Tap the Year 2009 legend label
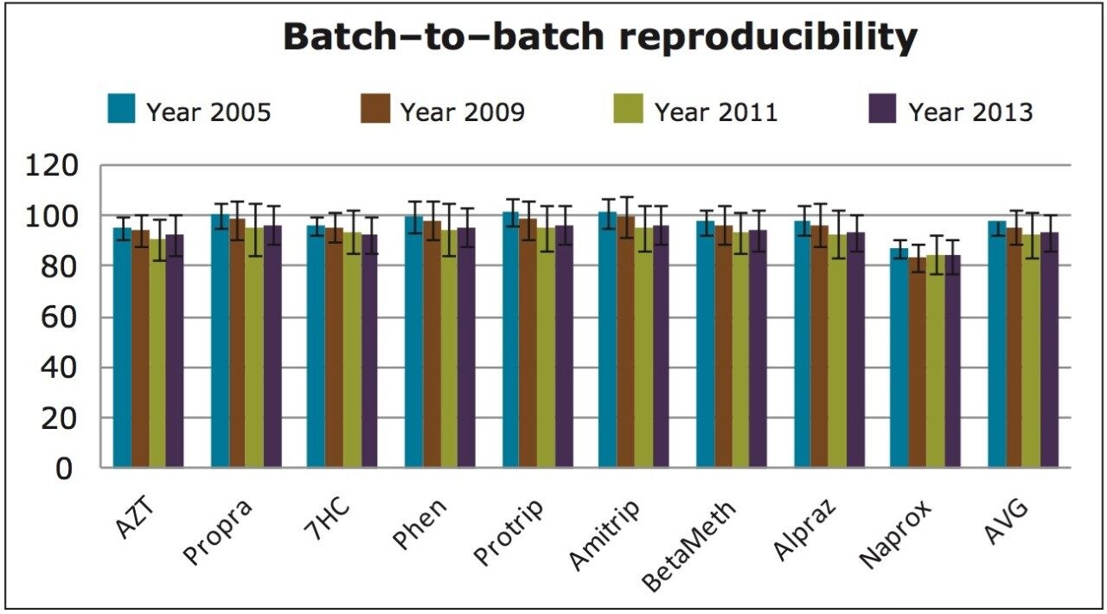point(462,112)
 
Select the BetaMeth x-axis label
point(691,544)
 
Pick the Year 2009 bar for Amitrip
point(625,342)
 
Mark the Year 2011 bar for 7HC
point(351,350)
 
